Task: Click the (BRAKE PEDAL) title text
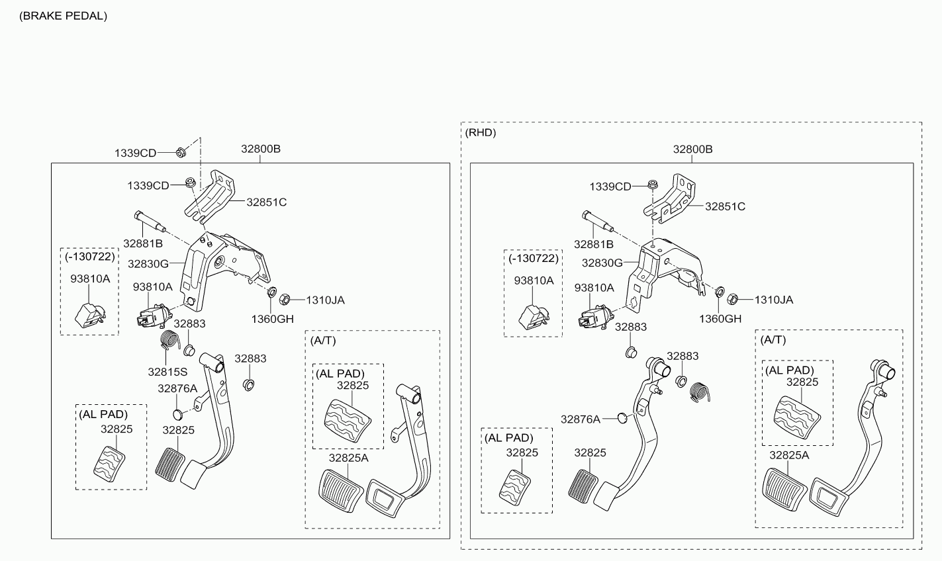[63, 16]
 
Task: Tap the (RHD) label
[480, 133]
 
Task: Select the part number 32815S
[167, 372]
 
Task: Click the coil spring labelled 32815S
[169, 339]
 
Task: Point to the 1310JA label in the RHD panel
[774, 300]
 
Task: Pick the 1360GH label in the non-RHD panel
[273, 320]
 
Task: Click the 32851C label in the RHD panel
[725, 207]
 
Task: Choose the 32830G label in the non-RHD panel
[148, 264]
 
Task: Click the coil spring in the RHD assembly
[700, 392]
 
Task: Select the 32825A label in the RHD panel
[789, 455]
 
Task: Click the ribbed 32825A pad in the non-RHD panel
[341, 491]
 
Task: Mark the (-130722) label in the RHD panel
[534, 259]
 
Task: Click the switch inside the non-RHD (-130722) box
[90, 315]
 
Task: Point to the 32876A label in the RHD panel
[581, 419]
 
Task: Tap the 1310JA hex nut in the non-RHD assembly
[285, 300]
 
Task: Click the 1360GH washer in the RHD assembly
[720, 291]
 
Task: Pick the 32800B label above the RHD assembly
[692, 149]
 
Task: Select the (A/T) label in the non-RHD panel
[323, 341]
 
